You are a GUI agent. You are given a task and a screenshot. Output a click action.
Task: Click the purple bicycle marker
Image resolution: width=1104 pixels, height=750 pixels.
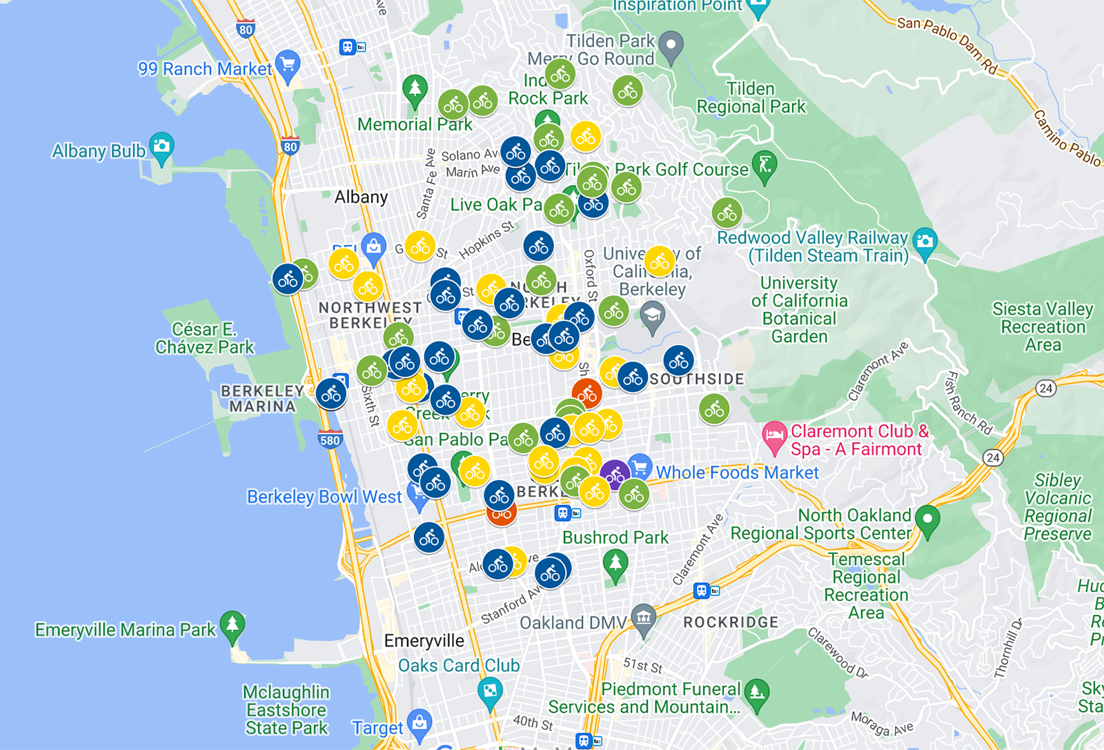[x=615, y=475]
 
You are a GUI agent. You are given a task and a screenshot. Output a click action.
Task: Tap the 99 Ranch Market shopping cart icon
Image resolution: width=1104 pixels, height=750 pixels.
[x=287, y=65]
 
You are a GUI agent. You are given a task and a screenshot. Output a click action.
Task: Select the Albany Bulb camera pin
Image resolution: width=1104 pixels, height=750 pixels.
[x=161, y=146]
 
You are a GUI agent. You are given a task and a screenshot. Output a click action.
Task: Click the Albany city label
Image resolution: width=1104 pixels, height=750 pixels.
[x=361, y=197]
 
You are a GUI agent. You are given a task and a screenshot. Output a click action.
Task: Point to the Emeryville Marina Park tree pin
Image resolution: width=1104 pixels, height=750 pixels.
[x=233, y=625]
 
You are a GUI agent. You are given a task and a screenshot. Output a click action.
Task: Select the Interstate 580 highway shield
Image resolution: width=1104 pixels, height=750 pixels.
[x=330, y=440]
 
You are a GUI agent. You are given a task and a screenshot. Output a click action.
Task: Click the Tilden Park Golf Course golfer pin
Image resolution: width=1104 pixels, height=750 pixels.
[x=765, y=165]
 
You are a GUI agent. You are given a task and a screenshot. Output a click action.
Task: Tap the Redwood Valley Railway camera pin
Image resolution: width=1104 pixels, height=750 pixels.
[x=925, y=241]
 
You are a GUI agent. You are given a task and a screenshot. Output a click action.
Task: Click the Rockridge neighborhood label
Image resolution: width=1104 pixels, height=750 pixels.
[x=730, y=622]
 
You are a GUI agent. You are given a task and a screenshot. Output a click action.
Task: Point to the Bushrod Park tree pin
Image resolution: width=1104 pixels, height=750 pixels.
[x=615, y=563]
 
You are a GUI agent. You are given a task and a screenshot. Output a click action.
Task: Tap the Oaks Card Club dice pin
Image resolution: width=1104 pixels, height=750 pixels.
[x=490, y=691]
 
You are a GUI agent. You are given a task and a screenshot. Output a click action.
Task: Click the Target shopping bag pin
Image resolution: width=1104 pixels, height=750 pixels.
[x=420, y=722]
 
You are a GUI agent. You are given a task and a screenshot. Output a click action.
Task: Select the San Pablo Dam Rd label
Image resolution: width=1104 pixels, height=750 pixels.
[x=947, y=45]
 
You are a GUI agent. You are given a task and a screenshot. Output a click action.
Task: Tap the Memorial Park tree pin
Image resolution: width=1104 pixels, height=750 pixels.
[x=415, y=90]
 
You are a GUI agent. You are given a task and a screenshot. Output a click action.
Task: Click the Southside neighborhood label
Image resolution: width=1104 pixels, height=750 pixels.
[x=697, y=379]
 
